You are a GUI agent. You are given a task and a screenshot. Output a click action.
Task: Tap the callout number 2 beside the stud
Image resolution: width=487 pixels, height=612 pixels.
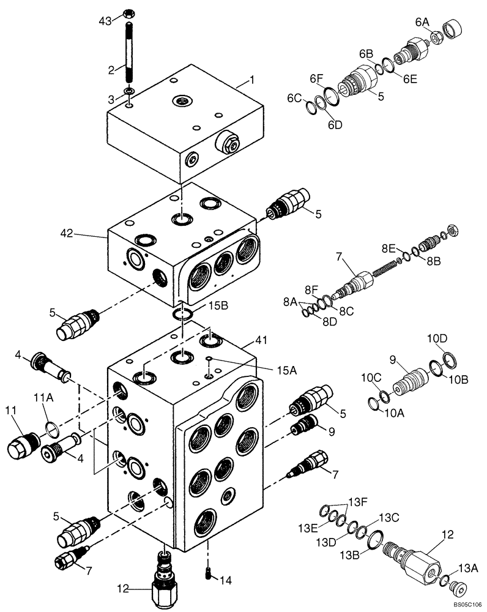coord(111,70)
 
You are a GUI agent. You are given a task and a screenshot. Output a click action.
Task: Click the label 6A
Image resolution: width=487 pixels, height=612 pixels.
coord(422,22)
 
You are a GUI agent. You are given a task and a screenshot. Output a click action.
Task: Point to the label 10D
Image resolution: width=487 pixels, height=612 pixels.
coord(437,338)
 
